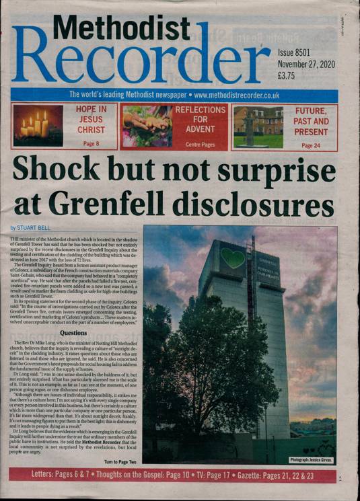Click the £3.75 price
(x=290, y=77)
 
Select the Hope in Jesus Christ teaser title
(x=91, y=120)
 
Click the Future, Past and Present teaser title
(x=311, y=122)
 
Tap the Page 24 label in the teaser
(x=311, y=145)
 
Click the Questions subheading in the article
(x=73, y=332)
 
